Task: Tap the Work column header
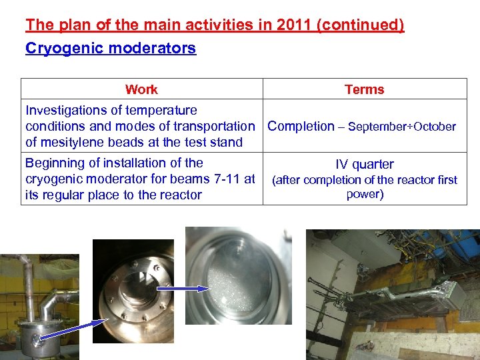point(141,89)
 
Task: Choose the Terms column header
point(364,89)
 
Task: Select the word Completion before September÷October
point(301,126)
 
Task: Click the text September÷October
point(402,127)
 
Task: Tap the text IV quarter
point(364,164)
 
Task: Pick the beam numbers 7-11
point(229,179)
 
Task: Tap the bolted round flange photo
point(133,291)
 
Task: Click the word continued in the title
point(361,25)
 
